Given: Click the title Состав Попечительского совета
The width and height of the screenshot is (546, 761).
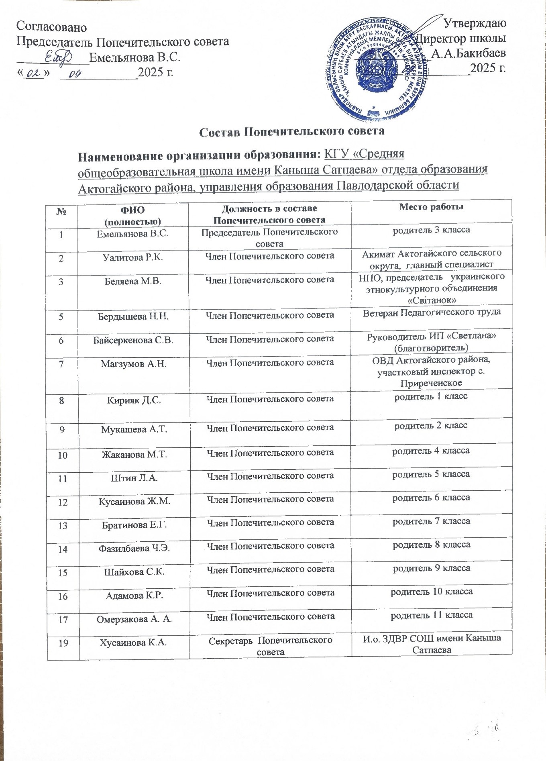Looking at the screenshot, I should pos(292,131).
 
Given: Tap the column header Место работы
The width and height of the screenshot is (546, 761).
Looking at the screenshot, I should pos(432,207).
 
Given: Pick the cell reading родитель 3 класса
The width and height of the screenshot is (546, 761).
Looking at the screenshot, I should pos(431,230).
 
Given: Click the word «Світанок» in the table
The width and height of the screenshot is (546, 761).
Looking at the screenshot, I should pos(432,300).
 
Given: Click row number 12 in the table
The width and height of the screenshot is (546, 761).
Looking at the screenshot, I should pos(63,502).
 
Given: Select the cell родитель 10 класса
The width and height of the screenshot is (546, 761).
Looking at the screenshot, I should pos(432,592).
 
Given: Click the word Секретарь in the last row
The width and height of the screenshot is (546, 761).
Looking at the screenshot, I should pos(229,640).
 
